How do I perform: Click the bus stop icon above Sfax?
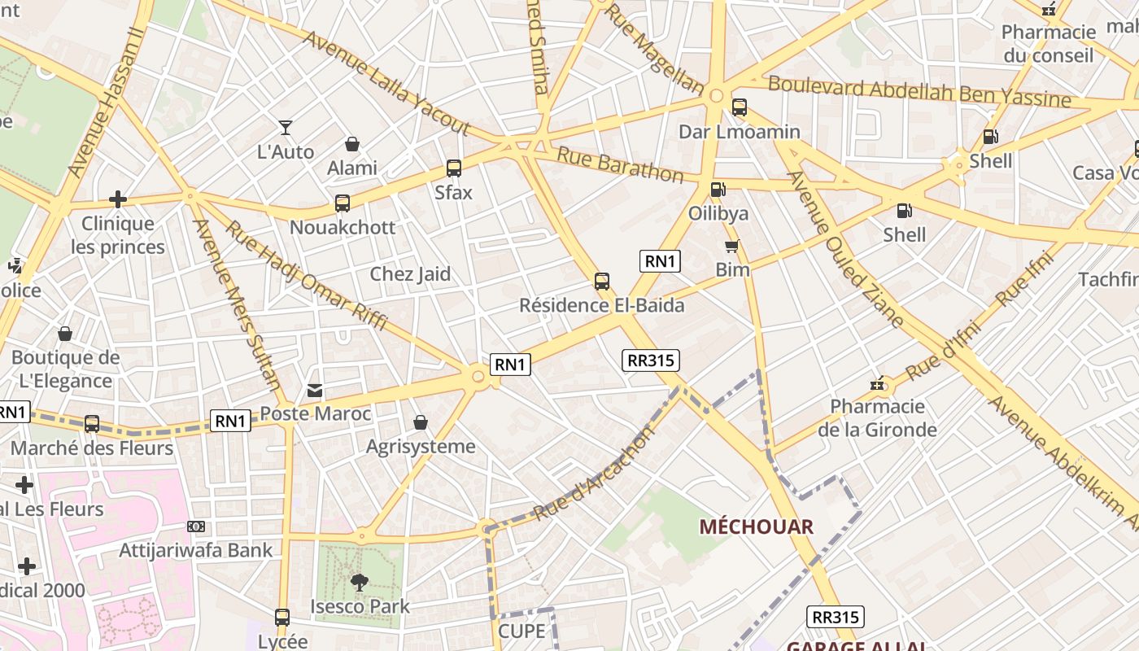click(454, 168)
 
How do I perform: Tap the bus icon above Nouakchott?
click(343, 203)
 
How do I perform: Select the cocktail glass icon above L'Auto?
click(286, 128)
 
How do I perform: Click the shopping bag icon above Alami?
click(352, 144)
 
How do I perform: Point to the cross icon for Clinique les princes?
click(118, 199)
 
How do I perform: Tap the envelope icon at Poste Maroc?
click(315, 391)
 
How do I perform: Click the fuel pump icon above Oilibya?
click(718, 190)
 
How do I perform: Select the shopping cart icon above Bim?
click(731, 246)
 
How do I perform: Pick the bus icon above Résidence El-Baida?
click(602, 282)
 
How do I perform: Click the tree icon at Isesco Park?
click(359, 583)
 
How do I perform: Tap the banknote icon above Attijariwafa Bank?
click(196, 526)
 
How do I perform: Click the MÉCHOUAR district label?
click(756, 526)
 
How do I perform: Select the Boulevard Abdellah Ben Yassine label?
click(919, 91)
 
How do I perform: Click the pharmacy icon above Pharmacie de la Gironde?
click(878, 383)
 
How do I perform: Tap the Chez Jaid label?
click(410, 274)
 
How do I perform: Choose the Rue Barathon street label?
click(620, 164)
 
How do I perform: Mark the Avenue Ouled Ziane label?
click(845, 250)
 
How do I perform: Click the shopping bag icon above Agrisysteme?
click(421, 422)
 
